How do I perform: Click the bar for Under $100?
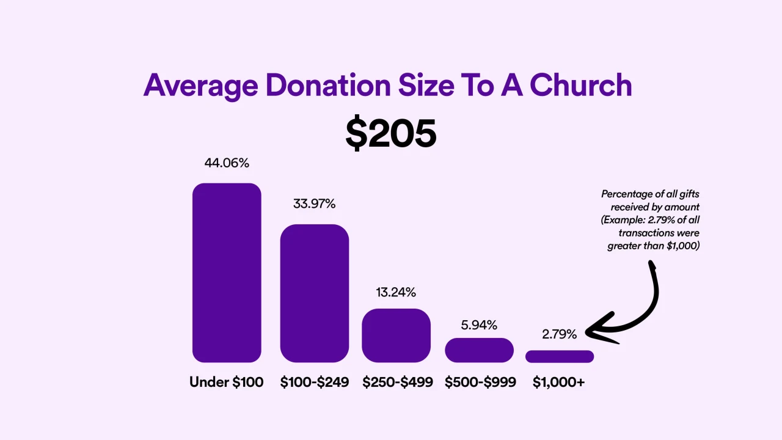point(227,273)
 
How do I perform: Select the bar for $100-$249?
point(315,293)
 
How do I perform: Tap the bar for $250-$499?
point(396,335)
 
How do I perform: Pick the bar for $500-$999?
point(479,350)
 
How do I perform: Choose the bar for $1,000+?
point(560,356)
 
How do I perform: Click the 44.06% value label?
point(227,163)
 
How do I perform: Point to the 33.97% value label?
point(314,204)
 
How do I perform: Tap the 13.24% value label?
point(396,293)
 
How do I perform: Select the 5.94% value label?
point(479,324)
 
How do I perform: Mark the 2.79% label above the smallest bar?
point(559,334)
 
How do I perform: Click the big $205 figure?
point(391,134)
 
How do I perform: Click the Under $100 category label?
point(227,383)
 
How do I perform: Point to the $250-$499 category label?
point(397,383)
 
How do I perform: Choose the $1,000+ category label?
point(558,383)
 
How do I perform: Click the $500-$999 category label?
point(480,383)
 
